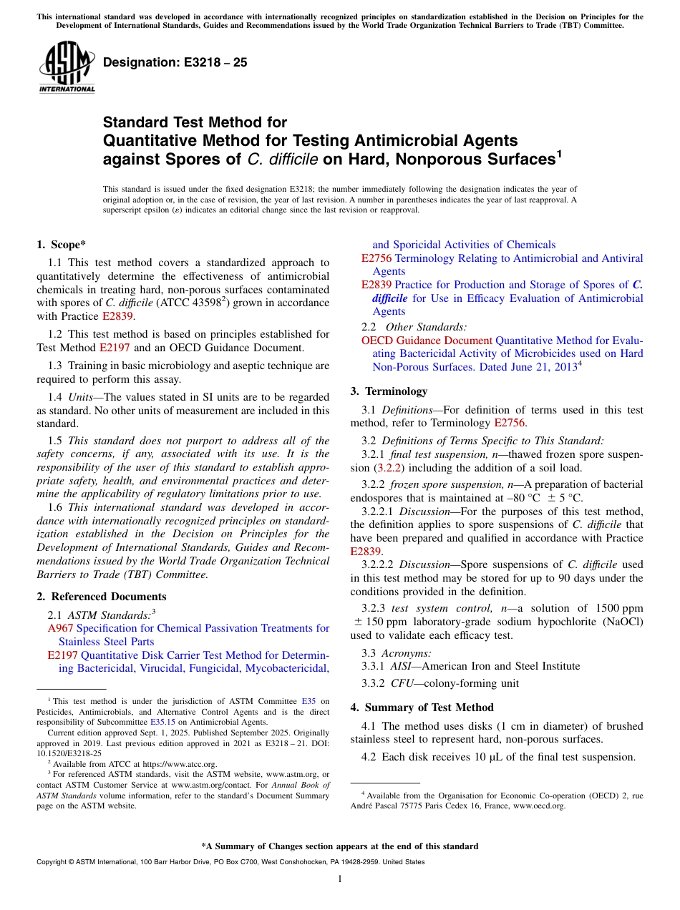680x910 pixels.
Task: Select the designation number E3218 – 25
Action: point(175,62)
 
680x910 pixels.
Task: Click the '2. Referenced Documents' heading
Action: point(101,597)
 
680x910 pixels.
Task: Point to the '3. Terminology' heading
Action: point(389,391)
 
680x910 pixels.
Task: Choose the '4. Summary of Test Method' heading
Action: point(422,708)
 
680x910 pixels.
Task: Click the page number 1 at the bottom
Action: point(340,879)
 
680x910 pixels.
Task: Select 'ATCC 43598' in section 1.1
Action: point(191,303)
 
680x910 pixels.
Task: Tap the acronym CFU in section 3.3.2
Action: point(403,683)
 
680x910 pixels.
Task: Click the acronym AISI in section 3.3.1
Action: point(403,666)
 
